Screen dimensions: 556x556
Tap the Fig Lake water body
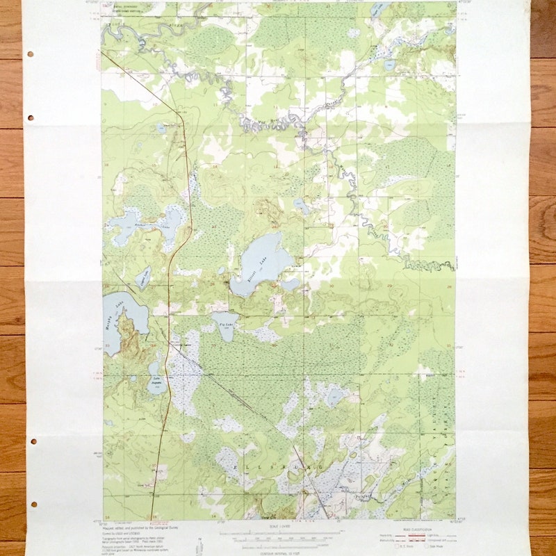[x=224, y=324]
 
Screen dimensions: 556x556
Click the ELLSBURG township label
[x=278, y=468]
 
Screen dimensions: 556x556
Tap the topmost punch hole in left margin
[x=31, y=54]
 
